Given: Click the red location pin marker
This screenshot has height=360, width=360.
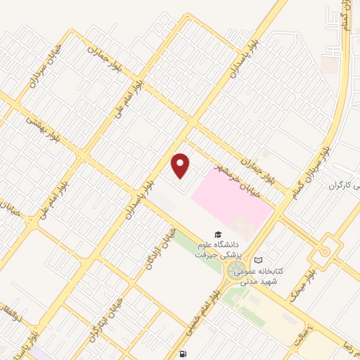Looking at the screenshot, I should [181, 166].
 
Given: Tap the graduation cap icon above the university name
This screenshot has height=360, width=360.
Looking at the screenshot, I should [218, 234].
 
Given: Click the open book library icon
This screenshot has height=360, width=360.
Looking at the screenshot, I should [258, 260].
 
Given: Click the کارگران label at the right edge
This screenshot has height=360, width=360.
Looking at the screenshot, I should [343, 185].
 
